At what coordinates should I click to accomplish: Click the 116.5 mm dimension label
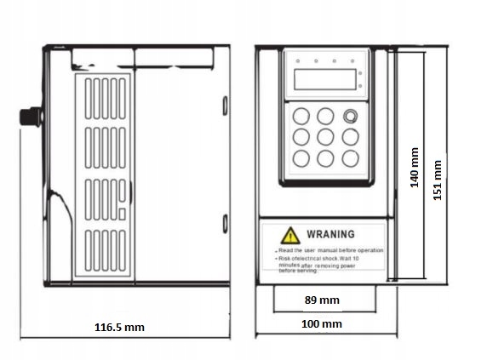(120, 326)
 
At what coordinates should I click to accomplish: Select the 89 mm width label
(321, 300)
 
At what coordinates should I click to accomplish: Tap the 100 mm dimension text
(321, 324)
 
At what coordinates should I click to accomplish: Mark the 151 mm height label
(439, 180)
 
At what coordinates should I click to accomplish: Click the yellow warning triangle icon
(291, 233)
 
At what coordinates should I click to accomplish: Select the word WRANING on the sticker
(330, 233)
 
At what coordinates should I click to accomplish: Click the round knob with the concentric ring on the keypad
(350, 116)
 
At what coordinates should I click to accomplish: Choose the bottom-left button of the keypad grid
(301, 158)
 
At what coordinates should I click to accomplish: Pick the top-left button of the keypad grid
(301, 116)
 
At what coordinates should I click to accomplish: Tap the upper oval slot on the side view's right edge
(225, 106)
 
